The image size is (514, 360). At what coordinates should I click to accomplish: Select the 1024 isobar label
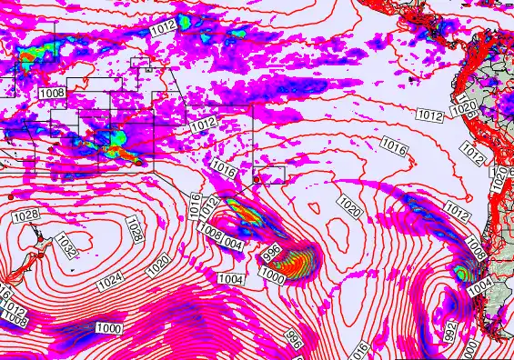coord(110,281)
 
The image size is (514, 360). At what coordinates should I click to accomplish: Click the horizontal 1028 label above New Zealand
coord(26,215)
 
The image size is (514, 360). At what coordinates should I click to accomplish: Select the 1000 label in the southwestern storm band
coord(109,327)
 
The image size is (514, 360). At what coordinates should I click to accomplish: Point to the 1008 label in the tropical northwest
coord(52,93)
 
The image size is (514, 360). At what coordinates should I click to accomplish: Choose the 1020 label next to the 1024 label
coord(157,265)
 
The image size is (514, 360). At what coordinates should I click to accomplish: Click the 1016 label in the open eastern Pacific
coord(393,145)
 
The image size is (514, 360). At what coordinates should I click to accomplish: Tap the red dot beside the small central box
coord(257,179)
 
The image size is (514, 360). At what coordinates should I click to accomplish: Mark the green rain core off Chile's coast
coord(463,272)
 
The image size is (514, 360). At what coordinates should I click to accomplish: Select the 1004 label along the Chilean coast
coord(481,285)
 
